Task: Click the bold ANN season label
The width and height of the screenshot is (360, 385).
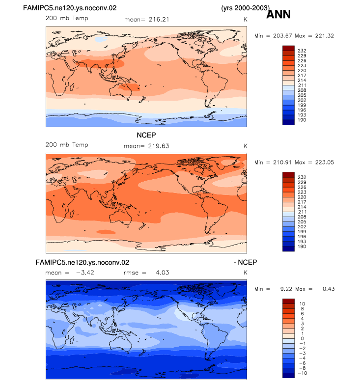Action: pyautogui.click(x=278, y=14)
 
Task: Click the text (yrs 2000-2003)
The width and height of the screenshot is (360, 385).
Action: pyautogui.click(x=246, y=8)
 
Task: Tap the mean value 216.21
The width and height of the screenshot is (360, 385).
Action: pyautogui.click(x=159, y=20)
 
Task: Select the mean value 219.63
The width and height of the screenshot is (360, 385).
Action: pyautogui.click(x=159, y=146)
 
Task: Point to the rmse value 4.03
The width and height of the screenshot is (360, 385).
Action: pyautogui.click(x=162, y=273)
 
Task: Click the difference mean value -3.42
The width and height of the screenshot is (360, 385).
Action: pyautogui.click(x=85, y=273)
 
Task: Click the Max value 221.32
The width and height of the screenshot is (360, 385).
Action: pyautogui.click(x=325, y=36)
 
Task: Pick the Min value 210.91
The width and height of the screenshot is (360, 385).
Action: pyautogui.click(x=282, y=162)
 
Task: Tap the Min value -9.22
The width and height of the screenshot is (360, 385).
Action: pyautogui.click(x=284, y=289)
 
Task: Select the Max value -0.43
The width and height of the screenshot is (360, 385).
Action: pyautogui.click(x=327, y=289)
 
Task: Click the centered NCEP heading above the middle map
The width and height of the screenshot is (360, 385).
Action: pyautogui.click(x=146, y=135)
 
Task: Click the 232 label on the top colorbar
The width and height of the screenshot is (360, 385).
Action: pyautogui.click(x=302, y=51)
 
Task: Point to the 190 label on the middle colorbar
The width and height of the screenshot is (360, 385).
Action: pyautogui.click(x=302, y=247)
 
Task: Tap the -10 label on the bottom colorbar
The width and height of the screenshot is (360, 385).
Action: pyautogui.click(x=303, y=373)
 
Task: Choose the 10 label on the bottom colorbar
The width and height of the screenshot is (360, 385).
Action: pyautogui.click(x=302, y=303)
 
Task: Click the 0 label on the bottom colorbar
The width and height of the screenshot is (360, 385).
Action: pyautogui.click(x=303, y=338)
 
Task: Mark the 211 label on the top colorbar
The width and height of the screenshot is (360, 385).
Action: pyautogui.click(x=302, y=85)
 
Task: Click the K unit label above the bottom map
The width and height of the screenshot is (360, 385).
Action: pyautogui.click(x=246, y=273)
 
